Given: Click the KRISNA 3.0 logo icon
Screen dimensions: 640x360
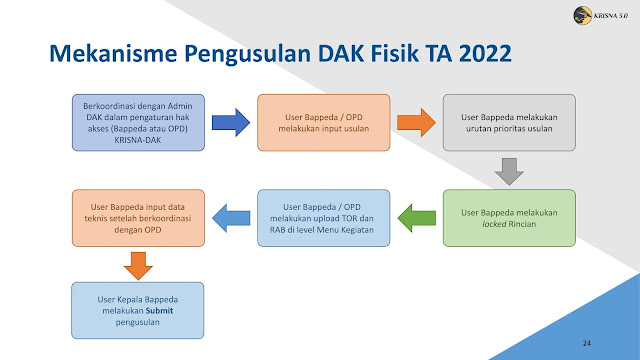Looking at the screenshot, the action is (x=583, y=16).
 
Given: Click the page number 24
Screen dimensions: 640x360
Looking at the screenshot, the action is (x=587, y=343).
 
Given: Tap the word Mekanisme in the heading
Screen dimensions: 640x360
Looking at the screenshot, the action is (x=113, y=53).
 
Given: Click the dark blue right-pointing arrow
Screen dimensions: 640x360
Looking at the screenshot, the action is (x=231, y=122).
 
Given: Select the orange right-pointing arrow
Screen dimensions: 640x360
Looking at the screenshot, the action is (x=416, y=122).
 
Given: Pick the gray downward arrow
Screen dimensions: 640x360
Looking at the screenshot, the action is (x=509, y=171).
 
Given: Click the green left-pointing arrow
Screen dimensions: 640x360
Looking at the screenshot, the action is (x=417, y=218).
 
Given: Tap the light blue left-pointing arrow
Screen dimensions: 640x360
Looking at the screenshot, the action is (x=231, y=218).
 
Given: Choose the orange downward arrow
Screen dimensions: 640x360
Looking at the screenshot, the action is (x=138, y=266).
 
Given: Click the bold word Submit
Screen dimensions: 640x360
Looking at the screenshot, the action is (x=160, y=311).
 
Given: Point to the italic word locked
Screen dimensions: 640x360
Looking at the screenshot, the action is (x=494, y=224).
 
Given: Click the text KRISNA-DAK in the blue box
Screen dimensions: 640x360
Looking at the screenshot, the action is (x=138, y=140).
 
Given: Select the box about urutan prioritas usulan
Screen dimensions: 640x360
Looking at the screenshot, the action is (x=509, y=122).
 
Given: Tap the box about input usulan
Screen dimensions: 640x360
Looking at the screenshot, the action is (x=324, y=122).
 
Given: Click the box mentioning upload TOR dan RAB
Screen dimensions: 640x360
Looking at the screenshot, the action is (x=324, y=218).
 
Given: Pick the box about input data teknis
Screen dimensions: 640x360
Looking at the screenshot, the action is (x=138, y=218).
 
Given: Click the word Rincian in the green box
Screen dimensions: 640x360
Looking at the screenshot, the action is (x=522, y=224).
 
